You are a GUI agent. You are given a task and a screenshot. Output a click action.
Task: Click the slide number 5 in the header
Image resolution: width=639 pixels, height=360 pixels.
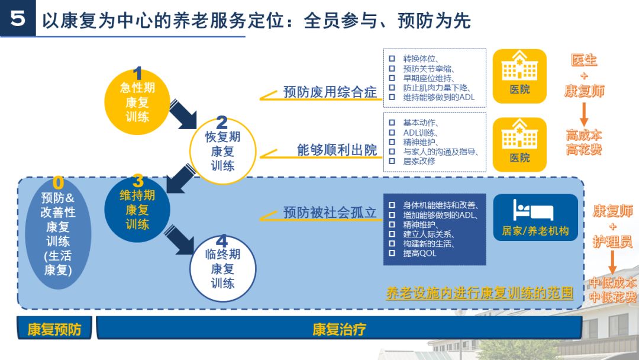click(18, 19)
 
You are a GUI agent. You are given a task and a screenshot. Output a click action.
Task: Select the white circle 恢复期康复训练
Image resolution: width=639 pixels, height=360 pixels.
click(222, 150)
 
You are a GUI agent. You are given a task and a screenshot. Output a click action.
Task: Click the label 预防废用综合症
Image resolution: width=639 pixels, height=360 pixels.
click(330, 92)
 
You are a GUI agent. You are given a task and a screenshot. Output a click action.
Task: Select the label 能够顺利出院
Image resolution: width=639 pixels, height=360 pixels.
click(337, 150)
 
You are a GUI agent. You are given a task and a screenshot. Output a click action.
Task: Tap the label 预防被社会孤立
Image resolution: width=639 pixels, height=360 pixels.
click(330, 212)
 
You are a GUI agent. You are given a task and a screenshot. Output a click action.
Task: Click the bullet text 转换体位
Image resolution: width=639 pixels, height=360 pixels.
click(420, 58)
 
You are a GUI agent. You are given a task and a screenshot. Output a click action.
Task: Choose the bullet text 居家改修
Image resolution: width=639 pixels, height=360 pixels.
click(419, 160)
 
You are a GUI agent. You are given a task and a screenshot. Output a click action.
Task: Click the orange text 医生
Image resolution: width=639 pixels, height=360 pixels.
click(583, 60)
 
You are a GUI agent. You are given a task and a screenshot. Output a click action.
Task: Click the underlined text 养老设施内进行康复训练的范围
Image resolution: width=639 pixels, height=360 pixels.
click(479, 293)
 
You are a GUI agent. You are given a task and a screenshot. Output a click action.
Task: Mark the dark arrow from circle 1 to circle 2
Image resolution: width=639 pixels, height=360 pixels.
click(183, 114)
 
